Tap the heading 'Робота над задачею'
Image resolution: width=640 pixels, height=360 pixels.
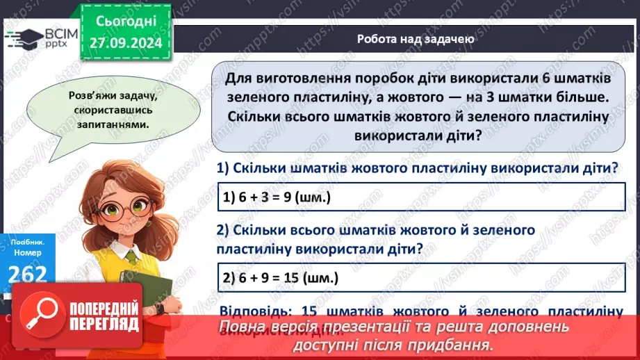pyautogui.click(x=415, y=39)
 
